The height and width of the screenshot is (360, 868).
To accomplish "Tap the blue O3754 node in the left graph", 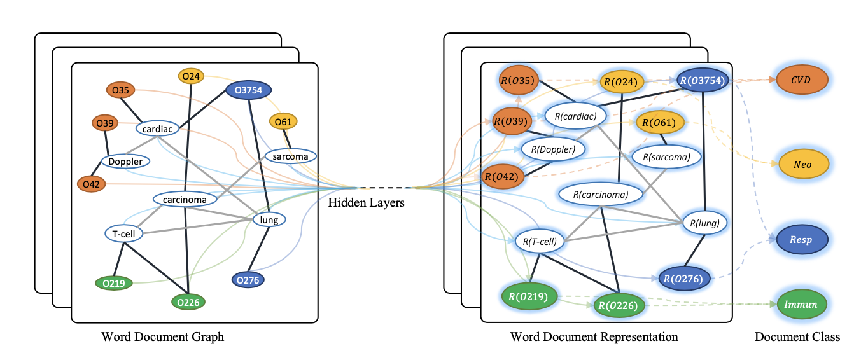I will pyautogui.click(x=249, y=90).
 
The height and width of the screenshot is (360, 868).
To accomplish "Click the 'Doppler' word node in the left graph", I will pyautogui.click(x=125, y=162).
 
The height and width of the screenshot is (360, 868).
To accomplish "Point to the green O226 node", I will pyautogui.click(x=189, y=302).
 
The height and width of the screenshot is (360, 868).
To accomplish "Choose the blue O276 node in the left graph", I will pyautogui.click(x=247, y=279).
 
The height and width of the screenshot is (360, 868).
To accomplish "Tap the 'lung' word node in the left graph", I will pyautogui.click(x=269, y=220).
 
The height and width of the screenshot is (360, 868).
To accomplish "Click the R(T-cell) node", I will pyautogui.click(x=540, y=241).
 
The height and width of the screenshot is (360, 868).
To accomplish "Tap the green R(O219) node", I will pyautogui.click(x=529, y=296).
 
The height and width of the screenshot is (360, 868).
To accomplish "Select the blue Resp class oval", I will pyautogui.click(x=802, y=239).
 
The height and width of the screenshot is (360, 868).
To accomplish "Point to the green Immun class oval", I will pyautogui.click(x=801, y=305).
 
